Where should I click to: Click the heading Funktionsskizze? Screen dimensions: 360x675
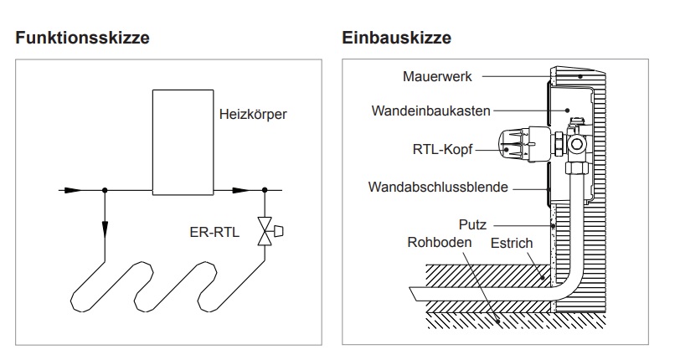point(82,39)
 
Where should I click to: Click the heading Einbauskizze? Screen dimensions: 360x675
point(396,39)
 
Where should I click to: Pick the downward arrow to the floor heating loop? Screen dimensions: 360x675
point(105,227)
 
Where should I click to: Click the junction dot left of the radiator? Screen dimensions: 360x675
point(105,190)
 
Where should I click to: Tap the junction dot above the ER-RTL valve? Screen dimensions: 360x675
point(266,190)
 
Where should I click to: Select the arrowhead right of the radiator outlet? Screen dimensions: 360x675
point(240,190)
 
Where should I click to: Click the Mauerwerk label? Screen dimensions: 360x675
point(436,76)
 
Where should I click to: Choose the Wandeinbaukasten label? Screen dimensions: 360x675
point(432,110)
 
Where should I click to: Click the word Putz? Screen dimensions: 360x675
point(472,225)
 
